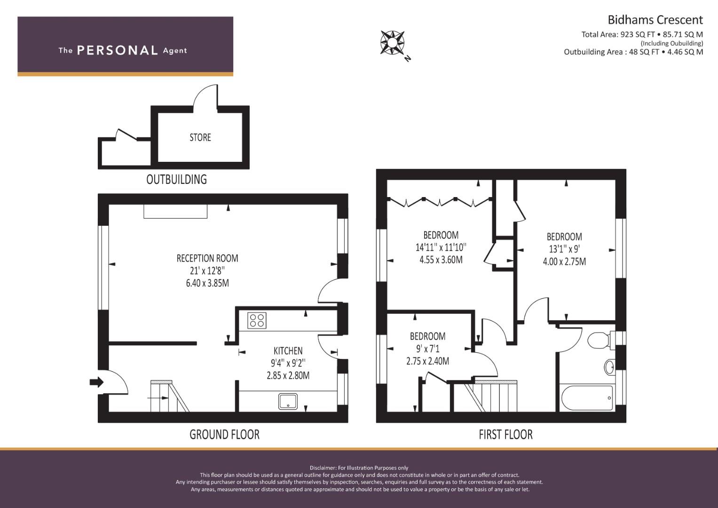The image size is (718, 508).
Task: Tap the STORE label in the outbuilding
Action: [200, 137]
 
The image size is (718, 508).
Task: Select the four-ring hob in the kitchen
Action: [257, 320]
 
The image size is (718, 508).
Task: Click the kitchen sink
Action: [288, 401]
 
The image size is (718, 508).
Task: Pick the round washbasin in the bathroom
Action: [610, 367]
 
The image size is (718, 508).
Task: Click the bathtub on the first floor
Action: [587, 397]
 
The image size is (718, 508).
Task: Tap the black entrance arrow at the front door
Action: [96, 382]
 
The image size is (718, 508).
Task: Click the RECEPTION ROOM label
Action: [207, 258]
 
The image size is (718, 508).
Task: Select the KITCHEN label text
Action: [288, 350]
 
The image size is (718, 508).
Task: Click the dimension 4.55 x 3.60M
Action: [441, 260]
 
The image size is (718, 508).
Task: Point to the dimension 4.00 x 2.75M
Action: [564, 262]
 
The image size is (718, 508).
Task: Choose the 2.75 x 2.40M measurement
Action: [427, 361]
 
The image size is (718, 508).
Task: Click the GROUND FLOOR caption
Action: [224, 435]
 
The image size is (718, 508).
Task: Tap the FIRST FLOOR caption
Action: [506, 435]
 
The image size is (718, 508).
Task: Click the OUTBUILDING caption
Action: [177, 179]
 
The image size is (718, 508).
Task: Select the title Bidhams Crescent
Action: [655, 20]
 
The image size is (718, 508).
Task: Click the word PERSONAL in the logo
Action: [118, 50]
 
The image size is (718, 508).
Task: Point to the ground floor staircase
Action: [170, 396]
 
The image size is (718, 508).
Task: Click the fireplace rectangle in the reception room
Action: [175, 212]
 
